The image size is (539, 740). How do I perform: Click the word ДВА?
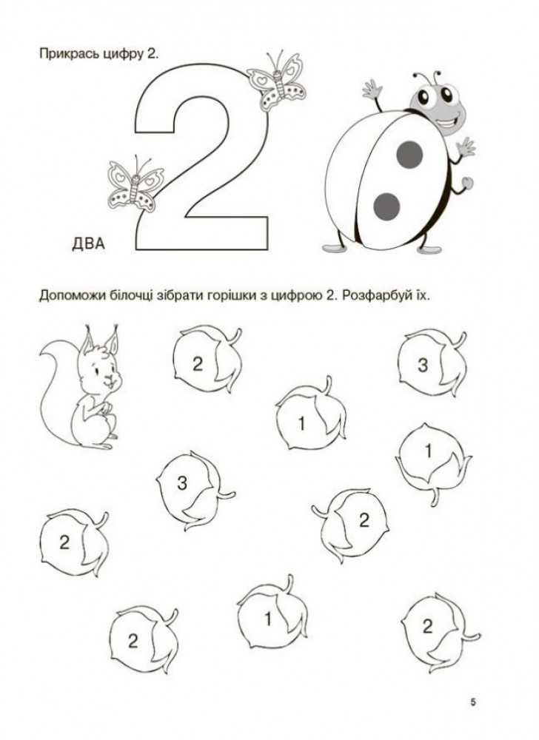pyautogui.click(x=88, y=244)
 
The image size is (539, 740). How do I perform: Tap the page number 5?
pyautogui.click(x=473, y=702)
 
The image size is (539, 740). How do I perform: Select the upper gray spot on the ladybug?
pyautogui.click(x=409, y=155)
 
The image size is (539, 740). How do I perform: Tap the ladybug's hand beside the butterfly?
pyautogui.click(x=372, y=90)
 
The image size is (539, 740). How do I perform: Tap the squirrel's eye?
pyautogui.click(x=97, y=369)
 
